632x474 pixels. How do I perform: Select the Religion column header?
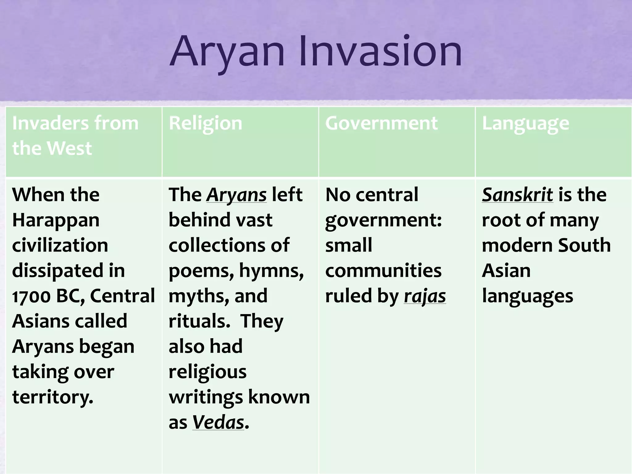206,123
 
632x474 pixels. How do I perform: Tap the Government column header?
381,123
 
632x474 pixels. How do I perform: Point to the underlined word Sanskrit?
517,195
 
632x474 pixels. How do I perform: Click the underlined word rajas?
425,296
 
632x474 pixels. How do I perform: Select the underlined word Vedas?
218,423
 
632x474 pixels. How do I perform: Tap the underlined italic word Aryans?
236,195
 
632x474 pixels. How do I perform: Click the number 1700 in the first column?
31,296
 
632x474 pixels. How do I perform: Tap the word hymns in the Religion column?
271,271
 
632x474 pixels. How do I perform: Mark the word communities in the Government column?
383,271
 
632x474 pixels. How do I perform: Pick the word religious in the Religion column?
207,372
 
